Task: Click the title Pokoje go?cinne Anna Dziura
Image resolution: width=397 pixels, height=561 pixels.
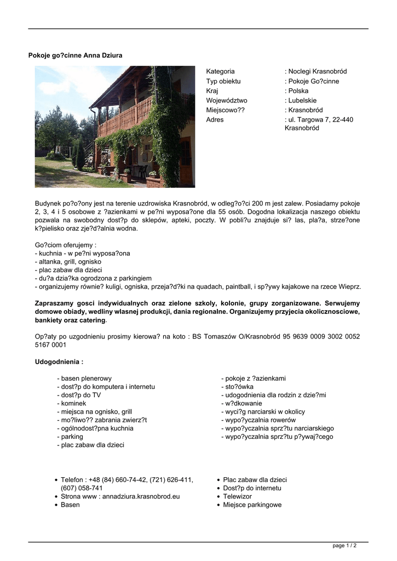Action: click(75, 55)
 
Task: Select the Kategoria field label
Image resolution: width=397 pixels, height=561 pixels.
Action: click(220, 71)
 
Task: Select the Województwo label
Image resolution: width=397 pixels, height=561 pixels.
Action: click(227, 101)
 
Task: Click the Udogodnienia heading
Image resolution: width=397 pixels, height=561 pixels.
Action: click(59, 362)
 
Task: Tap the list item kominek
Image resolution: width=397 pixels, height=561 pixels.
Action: click(72, 403)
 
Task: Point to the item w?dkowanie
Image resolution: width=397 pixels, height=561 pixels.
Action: click(241, 403)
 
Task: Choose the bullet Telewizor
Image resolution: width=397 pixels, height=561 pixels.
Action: click(237, 496)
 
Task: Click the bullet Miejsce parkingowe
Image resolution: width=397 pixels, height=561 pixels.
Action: click(252, 505)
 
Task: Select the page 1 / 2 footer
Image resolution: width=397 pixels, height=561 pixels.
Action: click(345, 546)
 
